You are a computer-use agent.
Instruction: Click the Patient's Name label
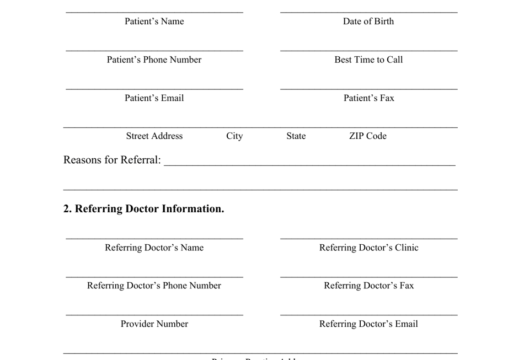tap(154, 22)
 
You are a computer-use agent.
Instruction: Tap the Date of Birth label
tap(368, 22)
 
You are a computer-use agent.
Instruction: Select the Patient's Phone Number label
tap(154, 60)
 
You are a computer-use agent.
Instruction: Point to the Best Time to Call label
tap(368, 60)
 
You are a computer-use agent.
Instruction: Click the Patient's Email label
tap(154, 98)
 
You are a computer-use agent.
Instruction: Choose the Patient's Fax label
tap(368, 98)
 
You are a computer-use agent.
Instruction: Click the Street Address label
tap(154, 136)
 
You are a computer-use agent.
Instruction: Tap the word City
tap(234, 136)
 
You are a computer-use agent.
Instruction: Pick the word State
tap(296, 136)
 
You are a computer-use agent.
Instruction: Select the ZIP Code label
tap(368, 136)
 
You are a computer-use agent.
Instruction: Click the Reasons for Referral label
tap(112, 160)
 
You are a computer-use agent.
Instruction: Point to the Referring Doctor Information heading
tap(144, 209)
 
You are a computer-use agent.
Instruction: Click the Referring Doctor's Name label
tap(154, 248)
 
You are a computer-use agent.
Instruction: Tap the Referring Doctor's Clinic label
tap(368, 248)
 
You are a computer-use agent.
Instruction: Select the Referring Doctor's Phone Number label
tap(154, 286)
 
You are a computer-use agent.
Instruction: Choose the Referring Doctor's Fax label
tap(368, 286)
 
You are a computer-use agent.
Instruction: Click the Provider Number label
tap(154, 324)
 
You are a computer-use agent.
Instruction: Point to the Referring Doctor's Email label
tap(368, 324)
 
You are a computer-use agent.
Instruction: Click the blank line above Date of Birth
tap(368, 11)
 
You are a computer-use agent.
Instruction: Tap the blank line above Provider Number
tap(154, 315)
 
